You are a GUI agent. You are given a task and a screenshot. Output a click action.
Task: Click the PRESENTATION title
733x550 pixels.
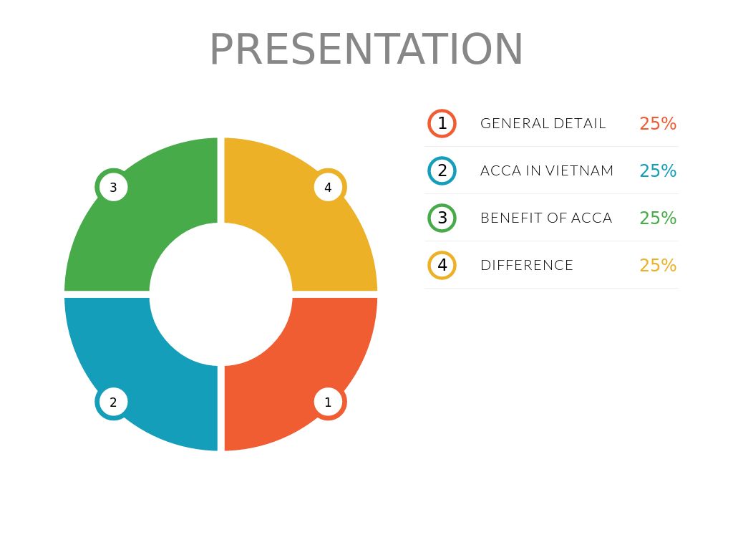coord(366,50)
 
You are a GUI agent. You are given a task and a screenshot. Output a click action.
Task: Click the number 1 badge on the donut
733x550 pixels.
coord(329,402)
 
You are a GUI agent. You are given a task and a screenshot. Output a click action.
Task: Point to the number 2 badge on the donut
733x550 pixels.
coord(113,402)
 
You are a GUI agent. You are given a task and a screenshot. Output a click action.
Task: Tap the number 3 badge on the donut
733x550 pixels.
coord(113,188)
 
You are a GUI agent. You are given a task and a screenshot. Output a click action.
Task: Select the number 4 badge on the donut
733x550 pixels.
coord(329,188)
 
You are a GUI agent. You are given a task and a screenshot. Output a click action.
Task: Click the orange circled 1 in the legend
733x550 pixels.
coord(442,123)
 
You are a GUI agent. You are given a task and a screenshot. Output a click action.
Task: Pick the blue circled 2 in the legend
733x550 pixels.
coord(442,170)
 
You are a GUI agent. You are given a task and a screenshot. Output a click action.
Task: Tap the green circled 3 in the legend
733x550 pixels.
coord(442,218)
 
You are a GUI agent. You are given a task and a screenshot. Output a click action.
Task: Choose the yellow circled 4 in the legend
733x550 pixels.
coord(442,265)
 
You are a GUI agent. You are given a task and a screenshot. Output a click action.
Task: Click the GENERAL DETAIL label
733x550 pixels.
coord(543,123)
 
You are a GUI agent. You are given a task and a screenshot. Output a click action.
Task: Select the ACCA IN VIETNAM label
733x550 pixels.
coord(547,170)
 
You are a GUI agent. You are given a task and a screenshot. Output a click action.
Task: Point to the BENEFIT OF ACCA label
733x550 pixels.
coord(546,218)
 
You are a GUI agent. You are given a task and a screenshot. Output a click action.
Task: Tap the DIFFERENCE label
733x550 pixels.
coord(527,265)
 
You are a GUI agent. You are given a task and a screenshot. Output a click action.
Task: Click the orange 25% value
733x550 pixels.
coord(658,124)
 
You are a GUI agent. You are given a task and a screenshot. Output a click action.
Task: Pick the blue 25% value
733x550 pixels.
coord(658,171)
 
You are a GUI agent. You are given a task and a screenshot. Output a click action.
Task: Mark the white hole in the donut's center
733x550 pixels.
coord(220,294)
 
